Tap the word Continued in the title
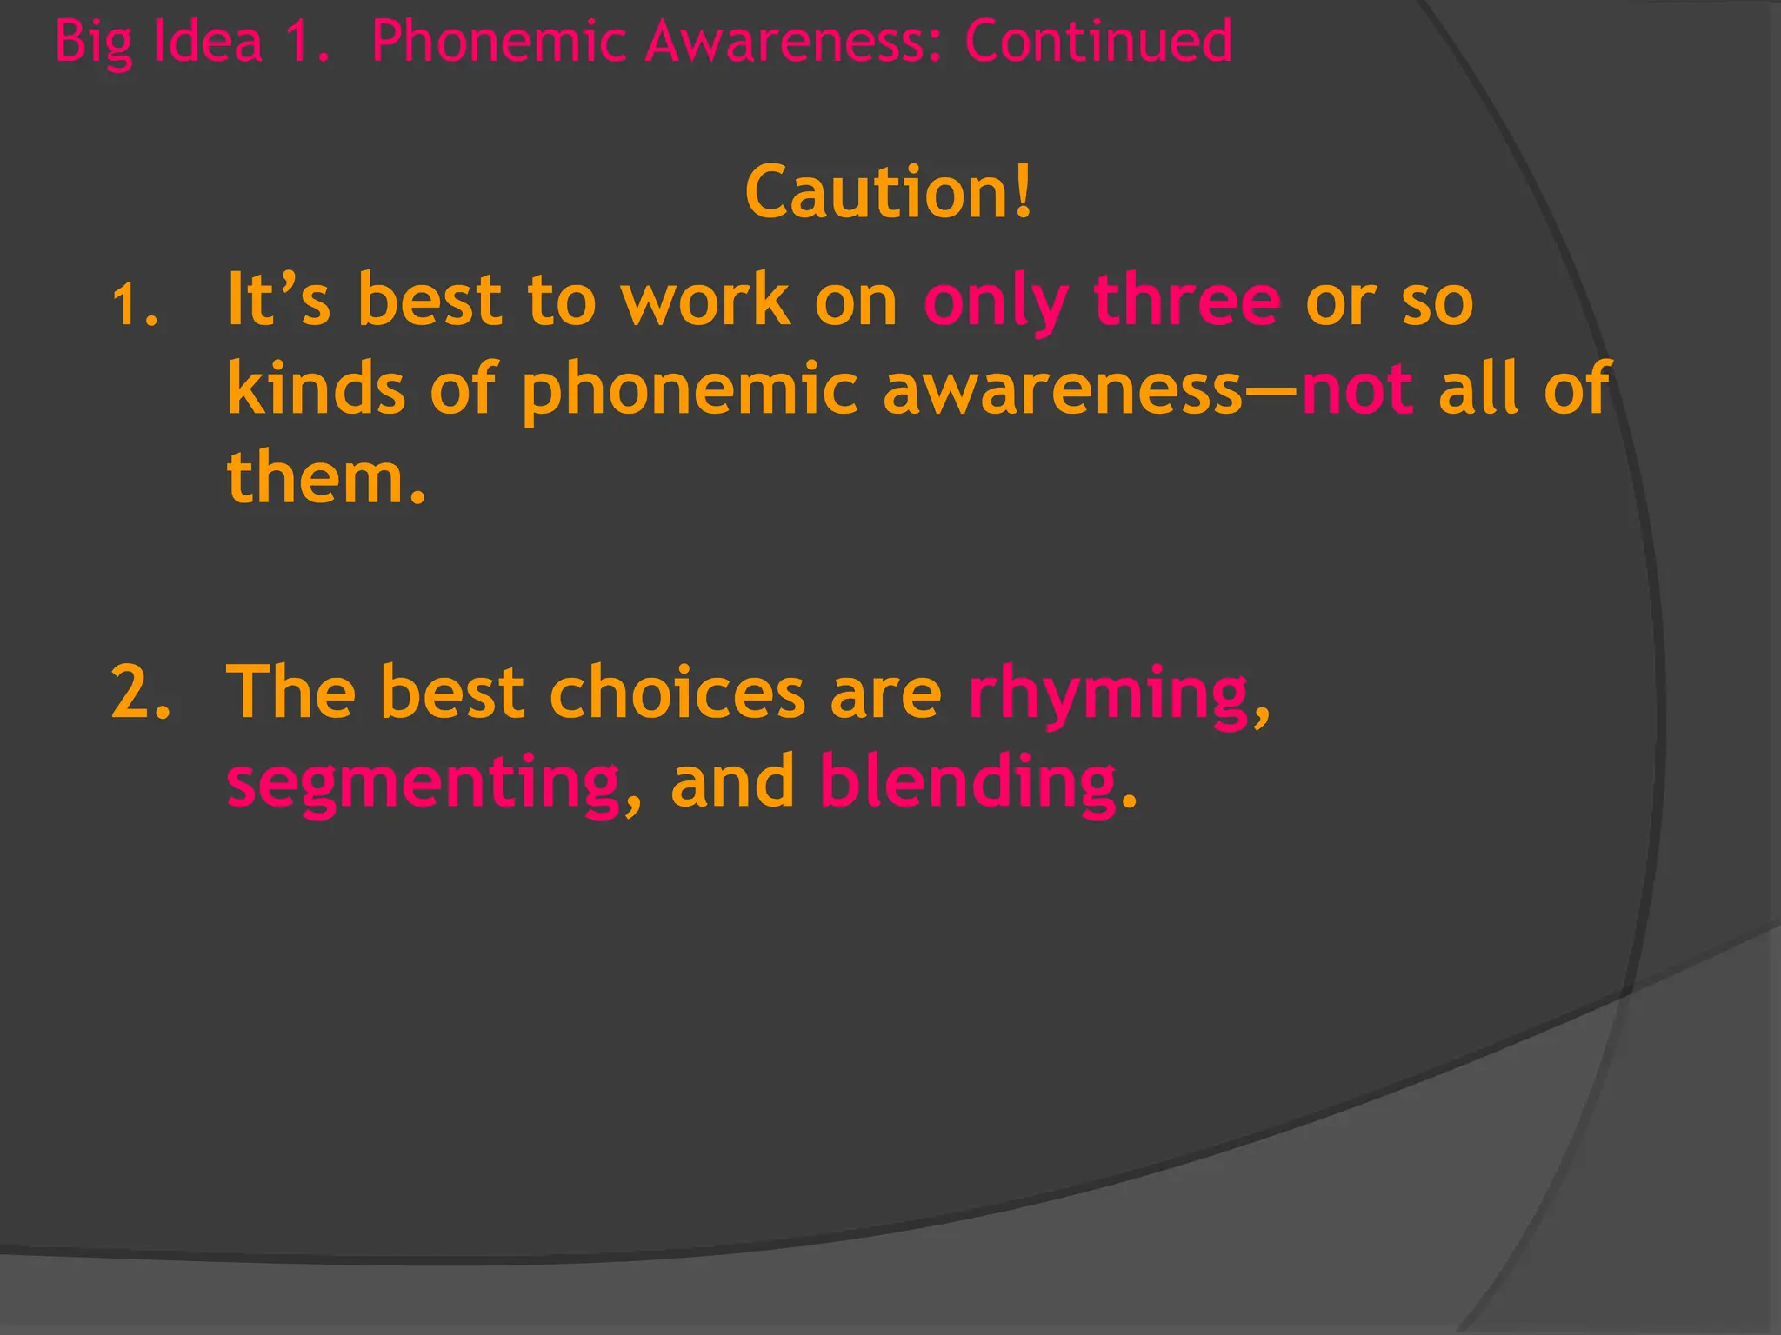click(x=1098, y=41)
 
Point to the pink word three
click(x=1187, y=300)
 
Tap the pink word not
click(x=1357, y=389)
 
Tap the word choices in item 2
click(x=677, y=693)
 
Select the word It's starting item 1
click(x=278, y=300)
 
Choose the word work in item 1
click(x=704, y=300)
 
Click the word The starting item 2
click(x=291, y=693)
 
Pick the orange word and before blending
click(x=732, y=781)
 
